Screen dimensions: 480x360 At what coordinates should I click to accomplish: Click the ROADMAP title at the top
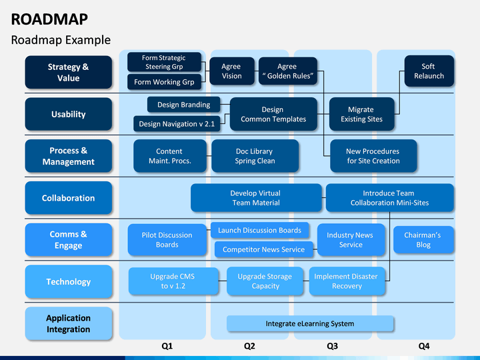(49, 19)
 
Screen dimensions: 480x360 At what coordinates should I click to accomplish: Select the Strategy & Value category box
(68, 72)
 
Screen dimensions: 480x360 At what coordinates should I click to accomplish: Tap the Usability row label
(68, 114)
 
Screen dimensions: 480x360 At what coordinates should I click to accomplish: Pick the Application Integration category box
(68, 323)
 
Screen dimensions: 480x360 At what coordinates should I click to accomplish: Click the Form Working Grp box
(164, 82)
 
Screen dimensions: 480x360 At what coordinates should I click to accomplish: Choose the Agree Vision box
(232, 71)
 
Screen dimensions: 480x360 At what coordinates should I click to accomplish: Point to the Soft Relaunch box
(429, 71)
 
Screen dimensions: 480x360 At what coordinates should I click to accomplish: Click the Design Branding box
(184, 105)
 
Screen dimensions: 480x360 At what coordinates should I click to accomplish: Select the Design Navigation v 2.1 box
(177, 124)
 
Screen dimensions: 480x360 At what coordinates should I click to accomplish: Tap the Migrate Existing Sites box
(361, 114)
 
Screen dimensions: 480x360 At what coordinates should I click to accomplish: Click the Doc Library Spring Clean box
(255, 156)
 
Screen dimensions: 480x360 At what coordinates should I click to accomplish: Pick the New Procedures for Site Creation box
(373, 156)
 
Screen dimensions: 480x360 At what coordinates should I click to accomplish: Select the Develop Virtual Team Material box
(256, 198)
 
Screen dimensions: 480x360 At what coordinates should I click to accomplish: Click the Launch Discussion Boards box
(259, 230)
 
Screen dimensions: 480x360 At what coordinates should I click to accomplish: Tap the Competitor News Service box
(263, 249)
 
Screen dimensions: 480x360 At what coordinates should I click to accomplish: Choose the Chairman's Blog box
(423, 240)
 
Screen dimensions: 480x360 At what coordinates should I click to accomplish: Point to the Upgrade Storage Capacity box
(265, 281)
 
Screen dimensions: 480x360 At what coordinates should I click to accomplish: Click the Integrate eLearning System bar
(310, 323)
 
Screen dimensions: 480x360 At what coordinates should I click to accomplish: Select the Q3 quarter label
(332, 346)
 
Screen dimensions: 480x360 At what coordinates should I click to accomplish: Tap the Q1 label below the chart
(167, 346)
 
